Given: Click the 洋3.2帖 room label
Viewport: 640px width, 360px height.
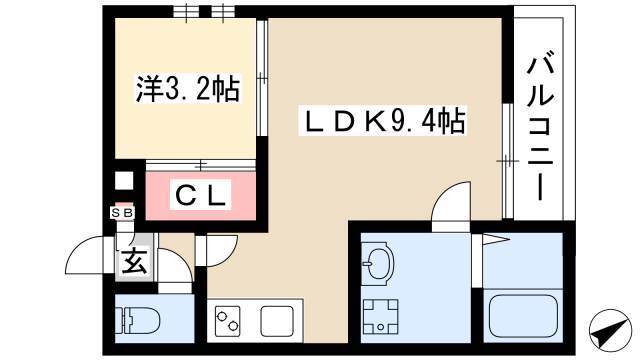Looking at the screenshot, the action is (x=187, y=89).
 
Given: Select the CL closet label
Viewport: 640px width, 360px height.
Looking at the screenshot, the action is (x=200, y=195).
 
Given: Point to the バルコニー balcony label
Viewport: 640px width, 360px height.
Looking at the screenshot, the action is (x=540, y=125).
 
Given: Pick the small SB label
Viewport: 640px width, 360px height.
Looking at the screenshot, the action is (x=122, y=213).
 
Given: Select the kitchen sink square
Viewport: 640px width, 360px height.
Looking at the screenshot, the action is (x=277, y=321).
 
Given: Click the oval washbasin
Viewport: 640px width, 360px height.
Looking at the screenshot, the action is (x=377, y=261).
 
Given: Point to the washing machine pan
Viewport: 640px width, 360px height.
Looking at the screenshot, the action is (x=380, y=317).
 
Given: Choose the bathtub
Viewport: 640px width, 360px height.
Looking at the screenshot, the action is (x=523, y=315).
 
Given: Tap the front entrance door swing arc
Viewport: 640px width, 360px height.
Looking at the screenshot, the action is (x=87, y=251).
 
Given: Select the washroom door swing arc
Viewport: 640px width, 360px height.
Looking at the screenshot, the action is (x=451, y=203).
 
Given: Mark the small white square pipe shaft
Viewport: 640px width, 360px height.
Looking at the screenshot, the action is (x=124, y=181).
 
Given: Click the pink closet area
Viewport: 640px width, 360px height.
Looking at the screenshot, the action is (x=200, y=196).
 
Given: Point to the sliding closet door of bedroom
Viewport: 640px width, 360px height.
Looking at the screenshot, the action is (x=200, y=165).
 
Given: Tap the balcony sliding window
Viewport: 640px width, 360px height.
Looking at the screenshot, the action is (x=507, y=161).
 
